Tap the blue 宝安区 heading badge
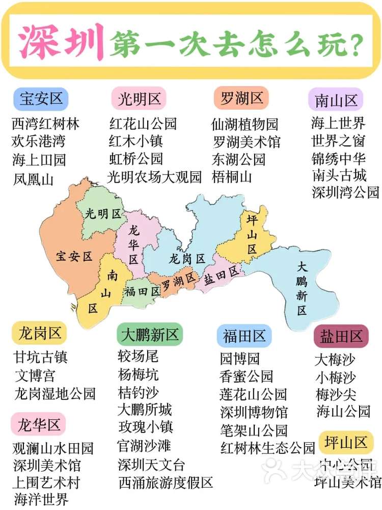coord(41,98)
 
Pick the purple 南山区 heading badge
coord(336,100)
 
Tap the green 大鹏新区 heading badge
coord(149,335)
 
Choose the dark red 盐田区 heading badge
coord(341,336)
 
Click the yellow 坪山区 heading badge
coord(346,442)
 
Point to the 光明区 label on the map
coord(103,214)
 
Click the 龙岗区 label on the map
coord(186,259)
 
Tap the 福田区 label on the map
coord(142,291)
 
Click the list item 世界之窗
coord(338,141)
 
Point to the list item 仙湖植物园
coord(245,124)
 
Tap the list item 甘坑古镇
coord(41,358)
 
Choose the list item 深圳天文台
coord(151,465)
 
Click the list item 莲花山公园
coord(253,394)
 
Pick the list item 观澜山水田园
coord(53,448)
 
